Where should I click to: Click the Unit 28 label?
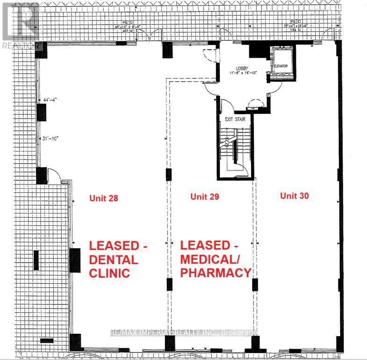[x=103, y=198]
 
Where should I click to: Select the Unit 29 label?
[x=205, y=197]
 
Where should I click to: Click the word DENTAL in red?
[x=114, y=259]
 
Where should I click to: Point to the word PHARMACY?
[x=216, y=272]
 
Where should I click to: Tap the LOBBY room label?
[x=242, y=68]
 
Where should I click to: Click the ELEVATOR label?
[x=280, y=66]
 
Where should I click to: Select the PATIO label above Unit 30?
[x=295, y=22]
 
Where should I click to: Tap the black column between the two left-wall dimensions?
[x=41, y=112]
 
